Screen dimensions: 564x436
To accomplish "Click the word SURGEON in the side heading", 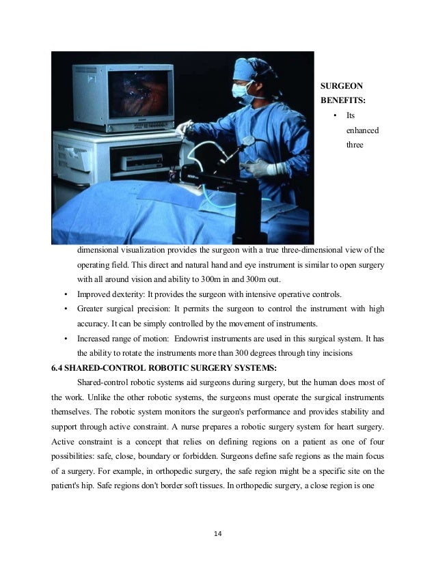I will [x=341, y=86].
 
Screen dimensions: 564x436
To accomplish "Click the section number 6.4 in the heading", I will [x=59, y=367].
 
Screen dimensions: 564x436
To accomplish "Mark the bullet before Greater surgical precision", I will [x=65, y=309].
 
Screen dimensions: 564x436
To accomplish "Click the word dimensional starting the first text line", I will [x=100, y=249].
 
